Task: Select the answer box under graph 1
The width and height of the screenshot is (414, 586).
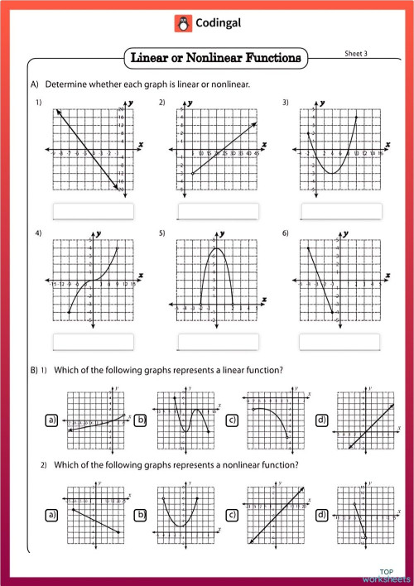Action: [x=93, y=211]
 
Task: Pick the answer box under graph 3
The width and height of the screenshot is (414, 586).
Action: [x=339, y=211]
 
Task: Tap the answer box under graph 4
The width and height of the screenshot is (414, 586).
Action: [x=93, y=341]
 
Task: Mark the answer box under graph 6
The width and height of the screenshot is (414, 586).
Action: [x=339, y=341]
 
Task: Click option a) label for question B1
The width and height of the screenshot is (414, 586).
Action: [x=52, y=421]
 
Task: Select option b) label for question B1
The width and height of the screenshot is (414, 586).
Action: [x=142, y=421]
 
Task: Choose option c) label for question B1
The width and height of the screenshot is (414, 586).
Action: [x=232, y=421]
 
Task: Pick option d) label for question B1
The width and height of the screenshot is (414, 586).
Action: [x=321, y=421]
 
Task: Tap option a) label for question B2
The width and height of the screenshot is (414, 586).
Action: [x=52, y=514]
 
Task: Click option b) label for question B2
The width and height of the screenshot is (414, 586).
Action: [x=142, y=514]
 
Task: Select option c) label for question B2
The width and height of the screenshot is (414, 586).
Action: [x=232, y=514]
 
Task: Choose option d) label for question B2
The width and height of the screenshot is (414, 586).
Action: [x=321, y=514]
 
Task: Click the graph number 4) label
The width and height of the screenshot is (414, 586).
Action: [x=38, y=234]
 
